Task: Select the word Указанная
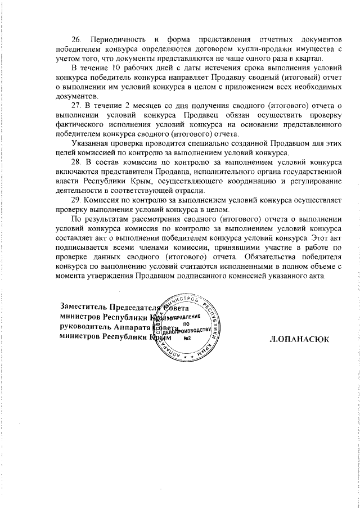tap(92, 143)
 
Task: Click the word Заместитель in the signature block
tap(84, 307)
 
